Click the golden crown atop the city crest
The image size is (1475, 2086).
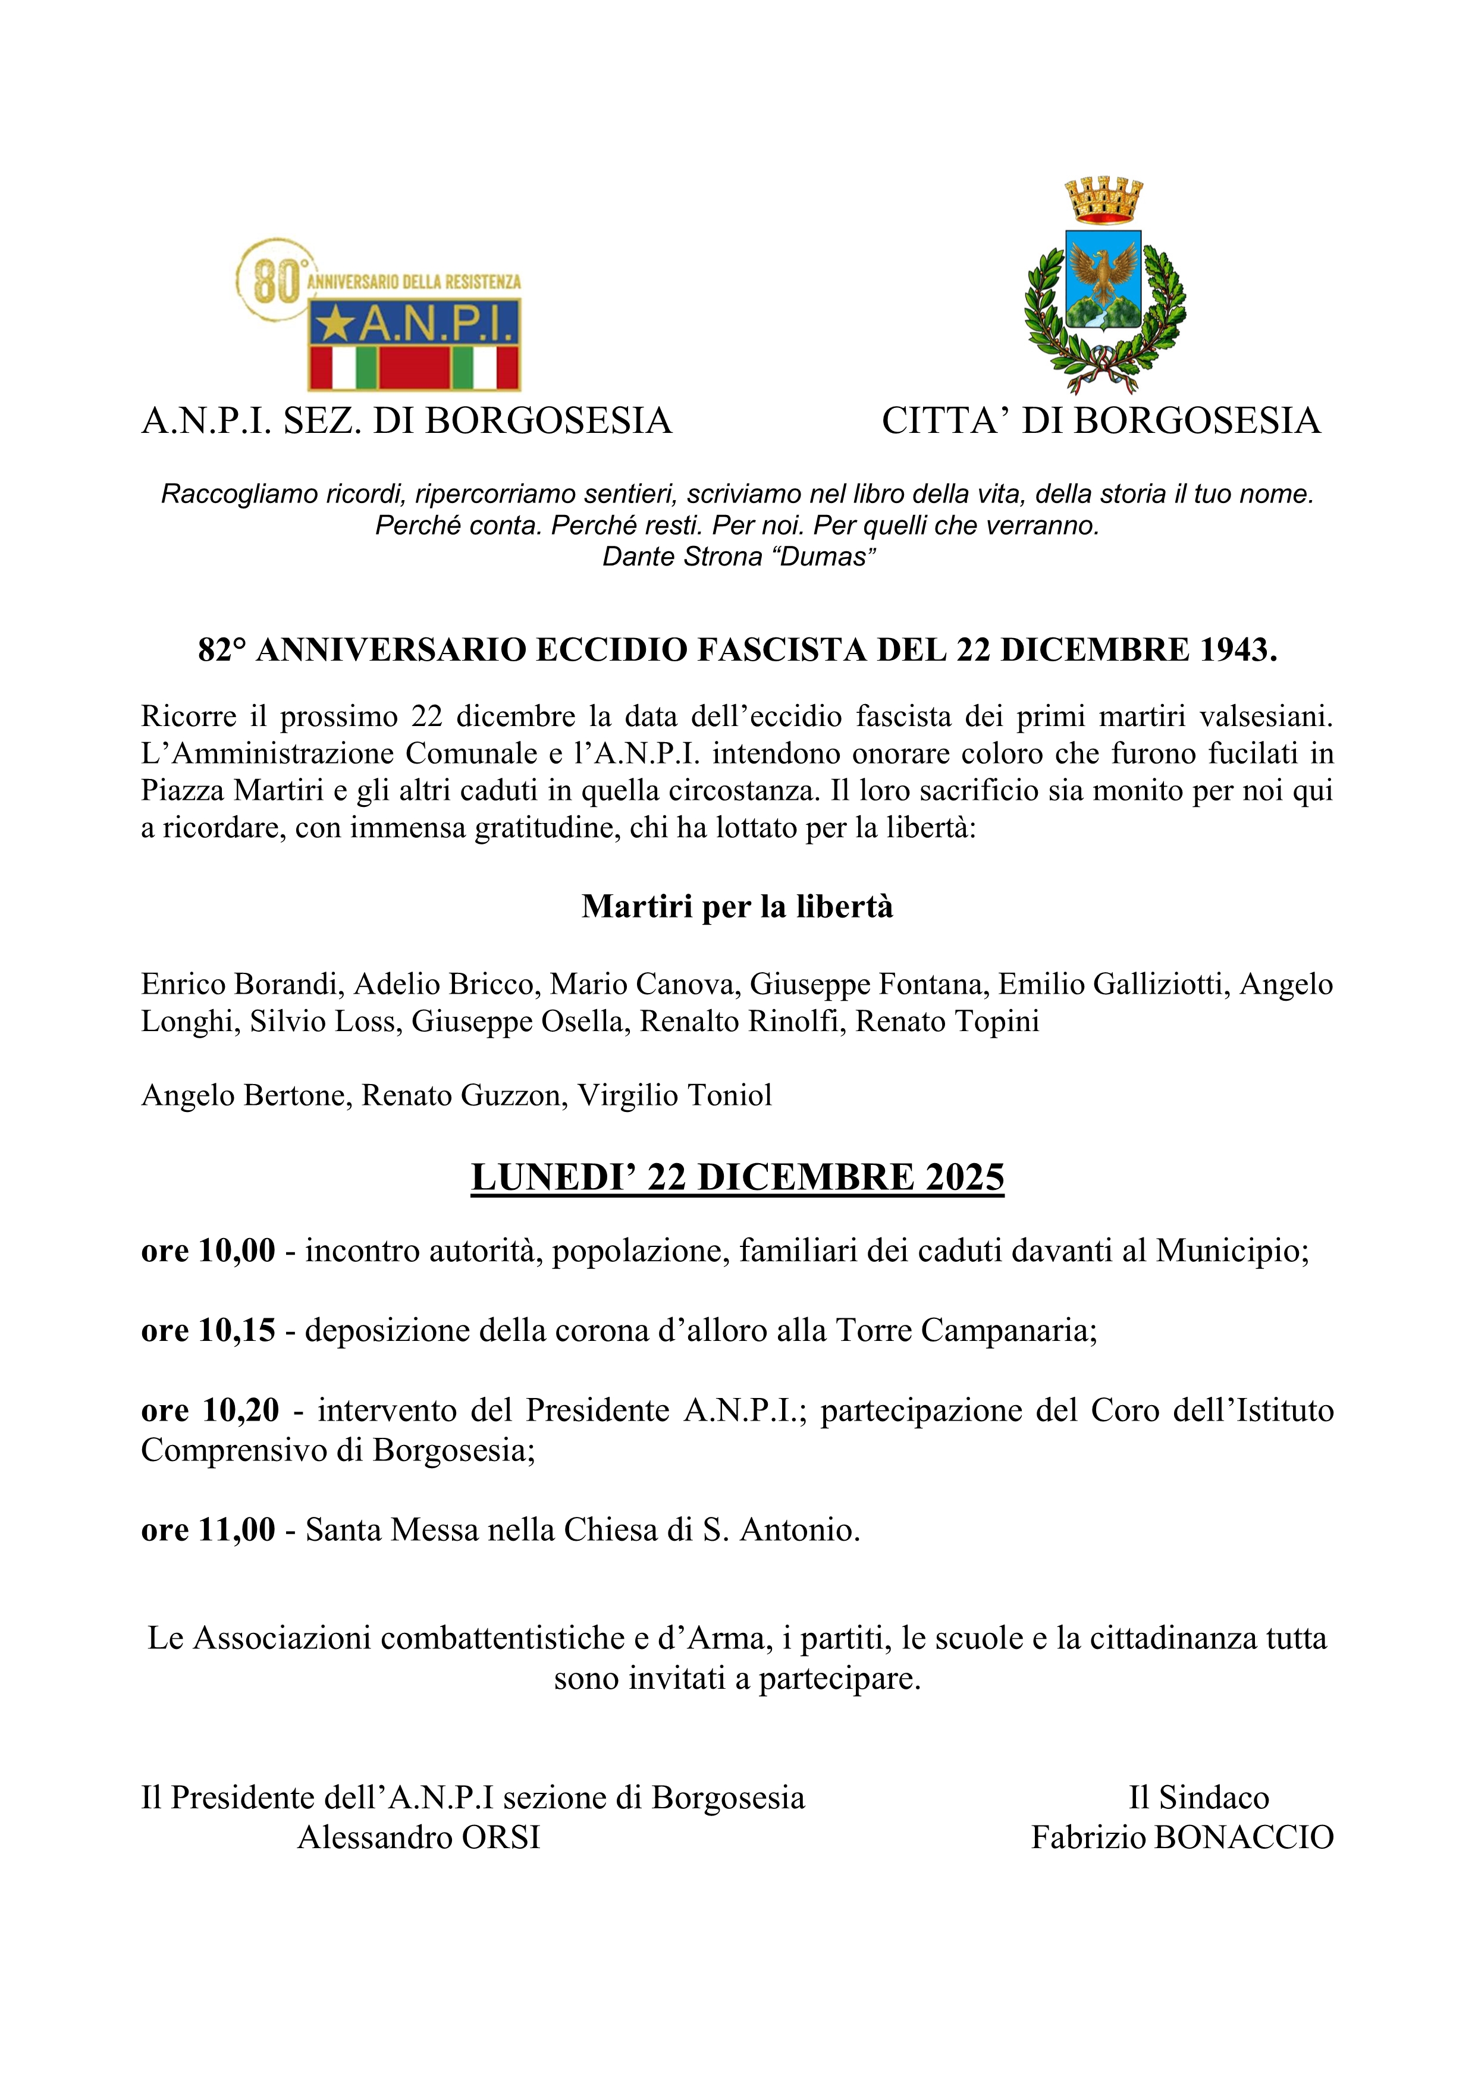[1103, 200]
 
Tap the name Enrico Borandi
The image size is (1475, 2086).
[241, 984]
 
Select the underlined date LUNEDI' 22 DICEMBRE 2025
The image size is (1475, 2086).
[737, 1177]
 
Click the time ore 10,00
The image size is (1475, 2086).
[208, 1251]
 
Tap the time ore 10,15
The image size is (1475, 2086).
[208, 1330]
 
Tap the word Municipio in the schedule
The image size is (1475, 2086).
[1231, 1251]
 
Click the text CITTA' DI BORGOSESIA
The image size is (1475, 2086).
[1100, 420]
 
